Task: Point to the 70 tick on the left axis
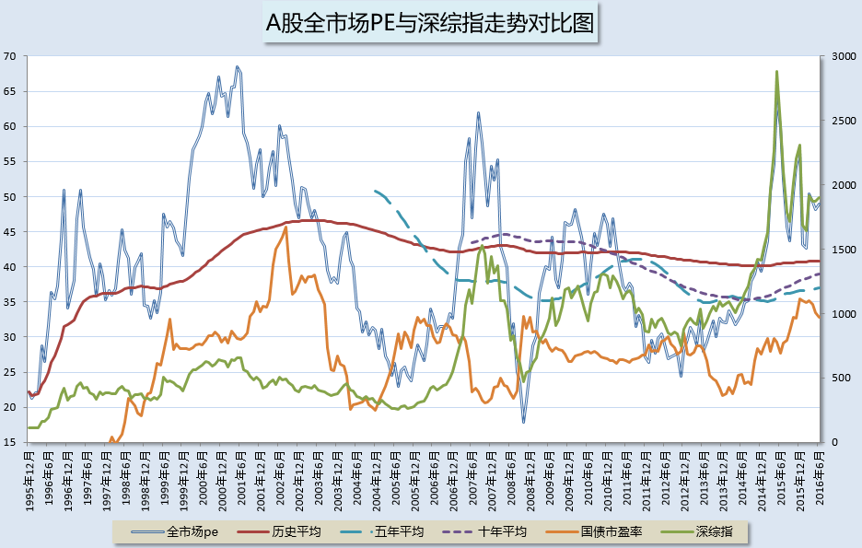pyautogui.click(x=10, y=56)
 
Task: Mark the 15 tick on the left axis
pyautogui.click(x=10, y=443)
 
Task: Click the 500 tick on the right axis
pyautogui.click(x=839, y=379)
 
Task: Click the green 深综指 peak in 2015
pyautogui.click(x=776, y=71)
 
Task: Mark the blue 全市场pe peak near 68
pyautogui.click(x=238, y=67)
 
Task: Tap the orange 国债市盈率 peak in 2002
pyautogui.click(x=285, y=227)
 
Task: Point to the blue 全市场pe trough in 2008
pyautogui.click(x=523, y=421)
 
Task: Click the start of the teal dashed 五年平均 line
pyautogui.click(x=375, y=191)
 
